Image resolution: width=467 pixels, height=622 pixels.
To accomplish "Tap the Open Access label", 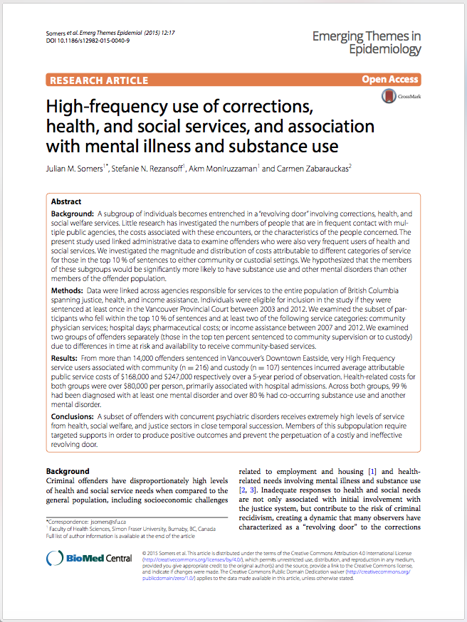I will click(x=390, y=80).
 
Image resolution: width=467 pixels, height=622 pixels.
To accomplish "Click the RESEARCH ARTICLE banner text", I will click(x=99, y=80).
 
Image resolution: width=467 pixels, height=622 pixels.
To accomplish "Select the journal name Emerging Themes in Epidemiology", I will click(x=367, y=43).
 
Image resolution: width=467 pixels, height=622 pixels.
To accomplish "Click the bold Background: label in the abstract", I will click(x=74, y=214).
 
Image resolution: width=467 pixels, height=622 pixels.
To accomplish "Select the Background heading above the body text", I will click(x=68, y=471).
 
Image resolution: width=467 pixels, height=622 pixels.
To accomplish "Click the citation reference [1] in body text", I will click(x=372, y=471).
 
